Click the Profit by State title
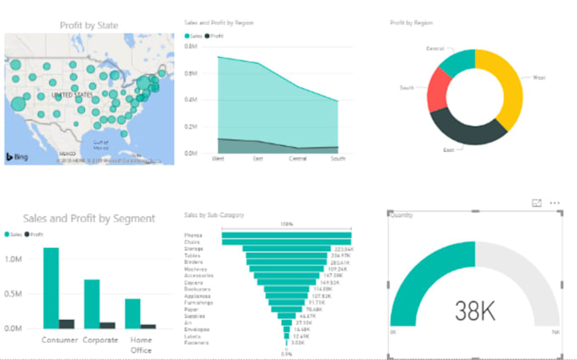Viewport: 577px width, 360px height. click(89, 25)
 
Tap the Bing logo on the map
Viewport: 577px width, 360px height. click(19, 157)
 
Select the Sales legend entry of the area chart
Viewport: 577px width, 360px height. click(196, 37)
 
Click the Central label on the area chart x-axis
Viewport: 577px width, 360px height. click(298, 158)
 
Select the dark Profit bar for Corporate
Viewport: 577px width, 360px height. click(108, 324)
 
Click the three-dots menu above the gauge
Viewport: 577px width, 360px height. click(555, 204)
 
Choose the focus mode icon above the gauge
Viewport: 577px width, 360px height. click(536, 204)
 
